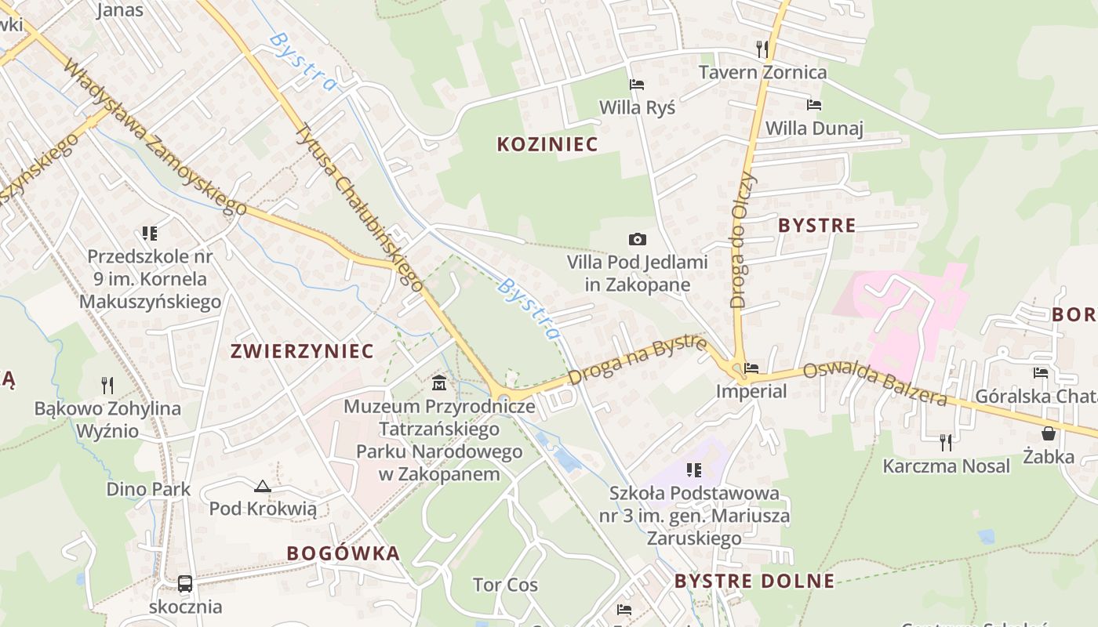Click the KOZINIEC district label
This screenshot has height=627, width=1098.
pos(547,144)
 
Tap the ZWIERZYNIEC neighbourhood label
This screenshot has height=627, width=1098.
pos(302,351)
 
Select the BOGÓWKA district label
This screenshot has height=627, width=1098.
pos(343,553)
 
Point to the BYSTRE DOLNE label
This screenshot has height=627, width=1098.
pos(754,582)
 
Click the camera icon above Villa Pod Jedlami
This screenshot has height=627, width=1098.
pos(638,239)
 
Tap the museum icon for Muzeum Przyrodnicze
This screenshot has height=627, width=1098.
pos(438,383)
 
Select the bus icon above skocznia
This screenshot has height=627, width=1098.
pos(185,584)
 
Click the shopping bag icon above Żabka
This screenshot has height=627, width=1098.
pos(1049,433)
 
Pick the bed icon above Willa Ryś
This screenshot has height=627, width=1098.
pos(637,84)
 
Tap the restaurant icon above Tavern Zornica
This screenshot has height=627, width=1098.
pos(762,49)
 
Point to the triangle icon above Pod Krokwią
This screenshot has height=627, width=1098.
pos(262,486)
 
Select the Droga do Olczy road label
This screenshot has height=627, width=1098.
pos(743,238)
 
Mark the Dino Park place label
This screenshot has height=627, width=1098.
pos(148,490)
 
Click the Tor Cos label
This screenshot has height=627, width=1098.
pos(505,585)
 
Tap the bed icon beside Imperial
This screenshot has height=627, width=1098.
pos(751,368)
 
